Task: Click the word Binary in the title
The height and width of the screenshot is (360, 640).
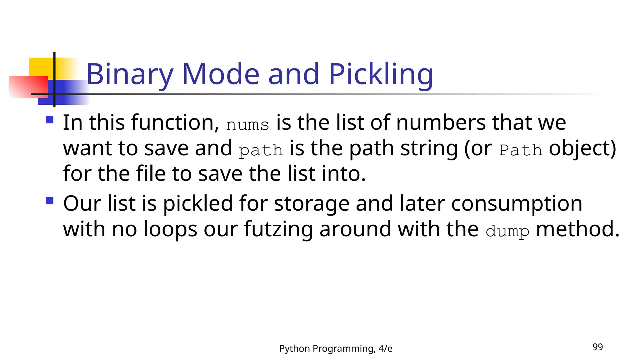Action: [129, 74]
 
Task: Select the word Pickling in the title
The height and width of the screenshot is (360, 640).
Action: [381, 74]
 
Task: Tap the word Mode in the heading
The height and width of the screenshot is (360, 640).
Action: [221, 74]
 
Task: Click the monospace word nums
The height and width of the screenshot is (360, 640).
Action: [247, 125]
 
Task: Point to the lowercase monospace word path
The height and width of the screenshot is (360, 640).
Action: [261, 150]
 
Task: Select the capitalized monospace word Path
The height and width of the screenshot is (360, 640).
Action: [521, 150]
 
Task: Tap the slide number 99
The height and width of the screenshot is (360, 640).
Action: [597, 347]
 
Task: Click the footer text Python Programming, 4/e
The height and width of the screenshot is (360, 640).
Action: [336, 348]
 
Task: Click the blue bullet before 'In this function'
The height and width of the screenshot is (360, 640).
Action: [50, 120]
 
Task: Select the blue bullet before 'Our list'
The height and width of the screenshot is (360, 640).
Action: [50, 200]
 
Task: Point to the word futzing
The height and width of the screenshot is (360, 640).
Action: [278, 229]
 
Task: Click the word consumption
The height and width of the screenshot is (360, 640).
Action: [517, 204]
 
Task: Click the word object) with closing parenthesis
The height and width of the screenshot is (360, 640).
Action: [582, 148]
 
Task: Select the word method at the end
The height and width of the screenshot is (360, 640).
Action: [577, 229]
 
